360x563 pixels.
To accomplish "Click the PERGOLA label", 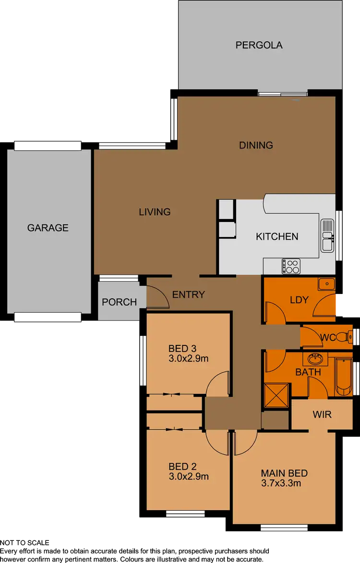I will point(259,45).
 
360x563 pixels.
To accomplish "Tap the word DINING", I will point(256,145).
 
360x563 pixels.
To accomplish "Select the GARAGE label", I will point(48,228).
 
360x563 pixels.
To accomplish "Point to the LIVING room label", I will point(155,211).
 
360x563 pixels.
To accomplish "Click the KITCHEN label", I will point(277,236).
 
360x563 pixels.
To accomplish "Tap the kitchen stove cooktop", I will point(291,266).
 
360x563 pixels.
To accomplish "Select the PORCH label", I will point(119,302).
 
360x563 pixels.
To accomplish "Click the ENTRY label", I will point(189,294).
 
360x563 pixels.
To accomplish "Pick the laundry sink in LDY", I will point(326,284).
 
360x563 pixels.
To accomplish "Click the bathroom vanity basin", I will point(315,359).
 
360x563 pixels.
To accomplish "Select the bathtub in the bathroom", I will point(344,376).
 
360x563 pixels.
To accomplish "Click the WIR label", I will point(322,414).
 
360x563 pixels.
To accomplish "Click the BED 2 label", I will point(182,466).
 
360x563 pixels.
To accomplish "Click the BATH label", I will point(308,372).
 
